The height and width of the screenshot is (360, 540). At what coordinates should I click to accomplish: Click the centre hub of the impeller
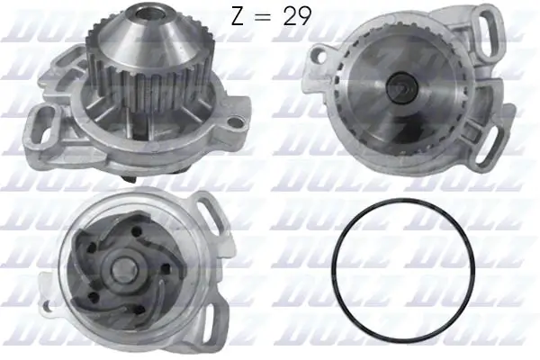tap(119, 267)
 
